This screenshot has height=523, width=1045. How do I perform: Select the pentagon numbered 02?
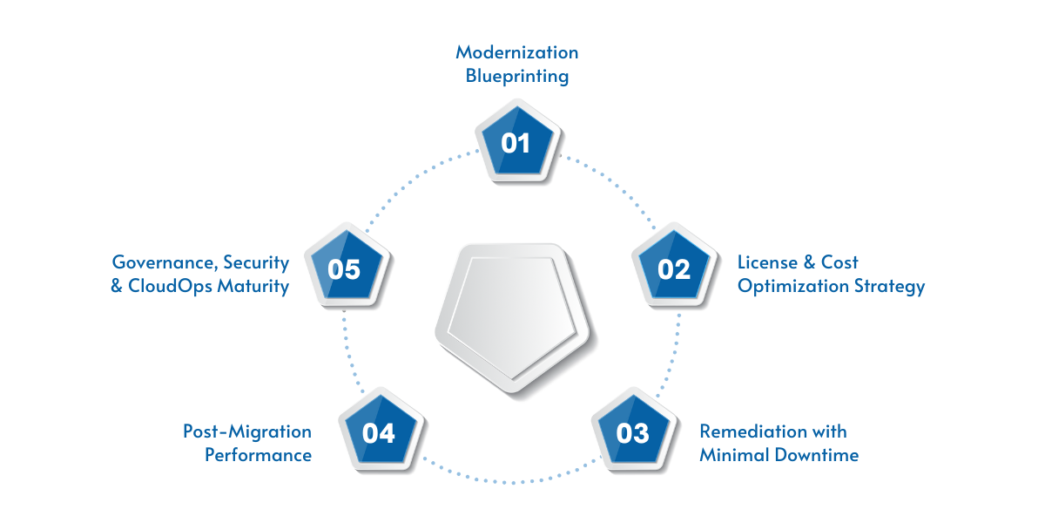673,269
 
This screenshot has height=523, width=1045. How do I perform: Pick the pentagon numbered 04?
379,432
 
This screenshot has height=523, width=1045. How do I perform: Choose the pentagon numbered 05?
344,269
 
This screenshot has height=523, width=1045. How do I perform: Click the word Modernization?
516,52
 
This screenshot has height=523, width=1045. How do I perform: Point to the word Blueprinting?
516,77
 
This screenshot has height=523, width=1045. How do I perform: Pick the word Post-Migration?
247,431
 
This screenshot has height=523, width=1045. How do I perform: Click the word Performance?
259,455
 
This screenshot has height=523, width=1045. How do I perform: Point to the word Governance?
164,262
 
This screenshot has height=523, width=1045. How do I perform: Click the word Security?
256,262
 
